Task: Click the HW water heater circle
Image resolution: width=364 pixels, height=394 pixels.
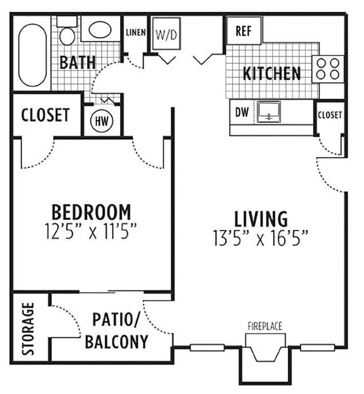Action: (102, 121)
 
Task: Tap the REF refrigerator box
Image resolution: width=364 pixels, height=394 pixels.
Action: (243, 31)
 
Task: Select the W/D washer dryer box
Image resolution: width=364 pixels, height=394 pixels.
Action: (167, 33)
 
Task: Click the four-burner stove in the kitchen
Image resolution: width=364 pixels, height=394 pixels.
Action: (328, 68)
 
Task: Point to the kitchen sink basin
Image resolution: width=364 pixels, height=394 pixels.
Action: (269, 112)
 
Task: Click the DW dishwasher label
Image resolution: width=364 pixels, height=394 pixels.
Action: (242, 112)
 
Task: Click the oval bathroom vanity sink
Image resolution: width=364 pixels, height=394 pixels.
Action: (100, 30)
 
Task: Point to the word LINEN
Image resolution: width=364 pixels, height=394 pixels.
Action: (136, 32)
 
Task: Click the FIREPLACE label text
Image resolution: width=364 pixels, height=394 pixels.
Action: (265, 326)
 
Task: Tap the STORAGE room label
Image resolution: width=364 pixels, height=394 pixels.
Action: (28, 329)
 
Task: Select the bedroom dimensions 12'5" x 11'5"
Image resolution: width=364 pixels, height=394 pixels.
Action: (91, 231)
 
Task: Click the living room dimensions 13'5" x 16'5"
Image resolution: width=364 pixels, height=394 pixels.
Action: (260, 238)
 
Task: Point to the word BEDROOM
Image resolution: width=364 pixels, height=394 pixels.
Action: (91, 212)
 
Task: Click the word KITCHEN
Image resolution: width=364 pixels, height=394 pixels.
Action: (272, 74)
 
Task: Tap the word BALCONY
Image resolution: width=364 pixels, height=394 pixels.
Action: (117, 341)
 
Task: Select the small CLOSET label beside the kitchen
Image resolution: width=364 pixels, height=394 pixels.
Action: (330, 115)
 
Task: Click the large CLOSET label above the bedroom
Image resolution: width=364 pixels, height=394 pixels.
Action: (45, 115)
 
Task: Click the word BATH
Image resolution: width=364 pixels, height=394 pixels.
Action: (78, 62)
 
